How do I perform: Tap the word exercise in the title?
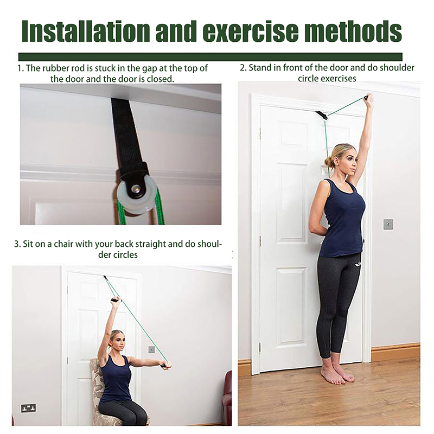[x=250, y=33]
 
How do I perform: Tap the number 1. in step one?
[x=21, y=68]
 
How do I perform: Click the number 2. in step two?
[x=243, y=68]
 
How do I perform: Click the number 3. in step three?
[x=17, y=244]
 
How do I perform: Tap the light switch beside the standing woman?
[x=388, y=224]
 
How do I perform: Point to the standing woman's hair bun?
[x=329, y=161]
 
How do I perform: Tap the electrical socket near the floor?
[x=28, y=407]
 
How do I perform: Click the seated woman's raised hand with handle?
[x=115, y=301]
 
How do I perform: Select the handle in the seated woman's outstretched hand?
[x=168, y=366]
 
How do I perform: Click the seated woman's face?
[x=116, y=341]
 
